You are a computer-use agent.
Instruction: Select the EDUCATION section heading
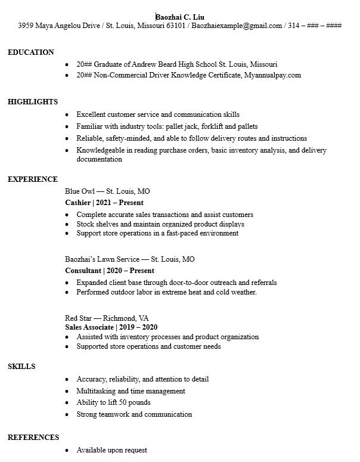click(x=30, y=52)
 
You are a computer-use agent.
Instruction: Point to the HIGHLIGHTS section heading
click(x=32, y=102)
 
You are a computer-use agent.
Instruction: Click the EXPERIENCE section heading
click(x=32, y=179)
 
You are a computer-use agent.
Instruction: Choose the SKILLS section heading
click(x=21, y=367)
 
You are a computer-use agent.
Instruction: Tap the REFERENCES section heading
click(x=33, y=438)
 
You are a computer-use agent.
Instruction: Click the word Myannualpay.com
click(x=272, y=76)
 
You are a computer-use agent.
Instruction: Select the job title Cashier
click(x=77, y=203)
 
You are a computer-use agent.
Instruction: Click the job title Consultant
click(x=83, y=271)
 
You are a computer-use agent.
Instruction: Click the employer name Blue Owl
click(x=80, y=192)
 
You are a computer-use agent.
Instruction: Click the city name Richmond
click(x=119, y=318)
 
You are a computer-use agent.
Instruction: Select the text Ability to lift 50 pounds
click(x=113, y=402)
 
